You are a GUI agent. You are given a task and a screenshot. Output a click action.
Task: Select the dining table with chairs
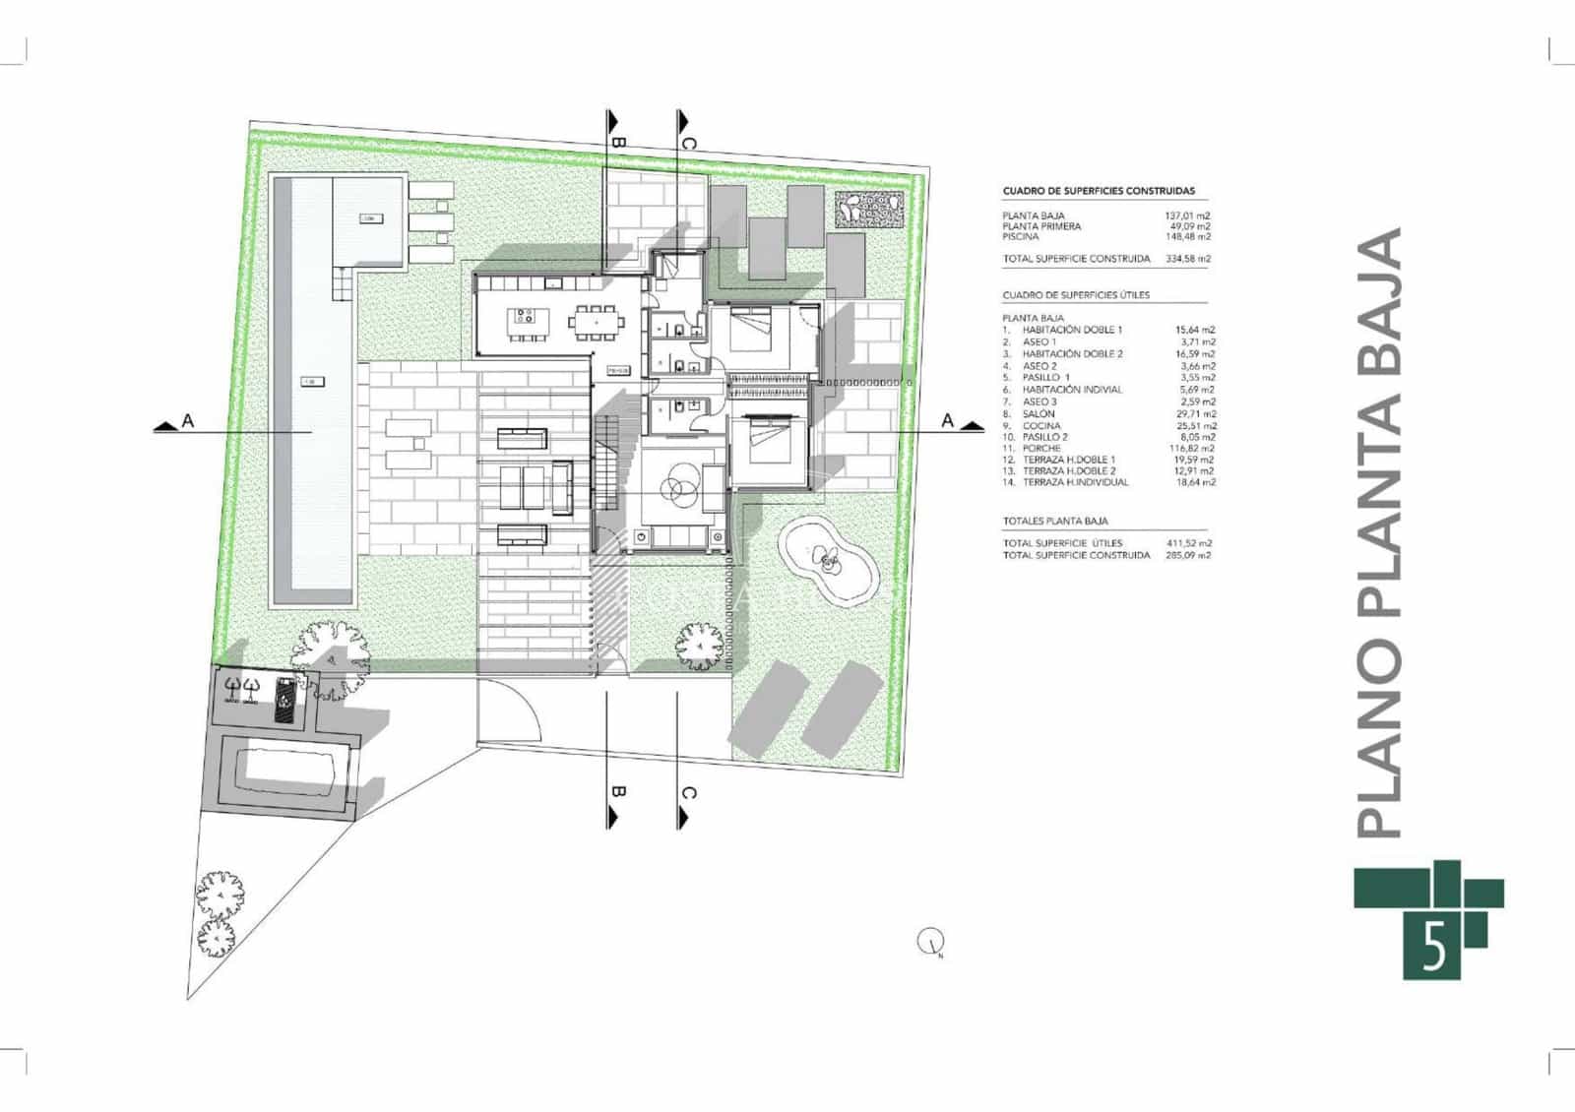[598, 319]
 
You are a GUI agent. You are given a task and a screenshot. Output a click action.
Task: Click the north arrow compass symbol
[929, 942]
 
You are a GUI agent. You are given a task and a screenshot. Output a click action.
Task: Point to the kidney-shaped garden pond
[827, 560]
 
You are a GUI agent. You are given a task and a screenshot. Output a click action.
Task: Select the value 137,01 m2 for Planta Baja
[1188, 216]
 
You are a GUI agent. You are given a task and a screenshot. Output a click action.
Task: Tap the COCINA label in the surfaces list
[1041, 425]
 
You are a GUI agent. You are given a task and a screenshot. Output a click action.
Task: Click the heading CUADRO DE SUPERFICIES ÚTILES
[1076, 295]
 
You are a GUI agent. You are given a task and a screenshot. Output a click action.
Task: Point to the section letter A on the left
[187, 421]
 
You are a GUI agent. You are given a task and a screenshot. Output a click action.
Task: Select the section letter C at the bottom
[689, 794]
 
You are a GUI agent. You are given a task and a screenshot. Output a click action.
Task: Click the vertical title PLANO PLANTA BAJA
[1378, 531]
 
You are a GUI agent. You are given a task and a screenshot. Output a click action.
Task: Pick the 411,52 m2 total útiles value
[1190, 543]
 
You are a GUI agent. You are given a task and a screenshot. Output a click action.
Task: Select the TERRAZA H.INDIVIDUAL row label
[1075, 482]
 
